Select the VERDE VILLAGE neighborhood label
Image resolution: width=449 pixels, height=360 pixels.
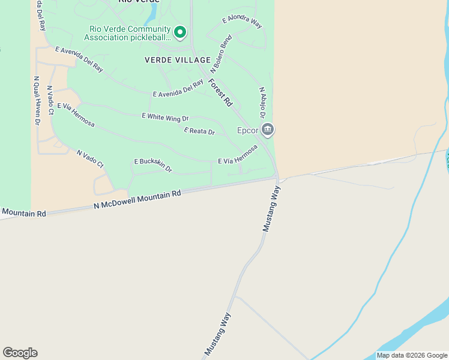178,60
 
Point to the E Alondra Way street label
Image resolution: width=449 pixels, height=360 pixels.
242,21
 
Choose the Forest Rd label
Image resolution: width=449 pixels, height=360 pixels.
220,93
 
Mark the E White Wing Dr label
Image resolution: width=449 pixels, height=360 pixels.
165,117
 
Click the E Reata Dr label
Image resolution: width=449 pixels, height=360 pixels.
199,131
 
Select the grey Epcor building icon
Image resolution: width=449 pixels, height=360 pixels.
268,129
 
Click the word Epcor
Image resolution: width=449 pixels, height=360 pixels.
247,130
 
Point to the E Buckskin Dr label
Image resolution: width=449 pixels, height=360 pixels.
153,165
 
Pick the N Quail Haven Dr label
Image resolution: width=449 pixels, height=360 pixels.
37,100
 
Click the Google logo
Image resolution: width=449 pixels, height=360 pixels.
20,353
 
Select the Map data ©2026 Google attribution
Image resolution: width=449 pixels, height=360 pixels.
412,355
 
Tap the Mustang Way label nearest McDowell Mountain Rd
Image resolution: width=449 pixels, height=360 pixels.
271,209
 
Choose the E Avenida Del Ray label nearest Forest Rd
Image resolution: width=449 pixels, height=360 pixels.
178,90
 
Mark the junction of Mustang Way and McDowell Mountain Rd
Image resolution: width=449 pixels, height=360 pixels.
278,178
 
